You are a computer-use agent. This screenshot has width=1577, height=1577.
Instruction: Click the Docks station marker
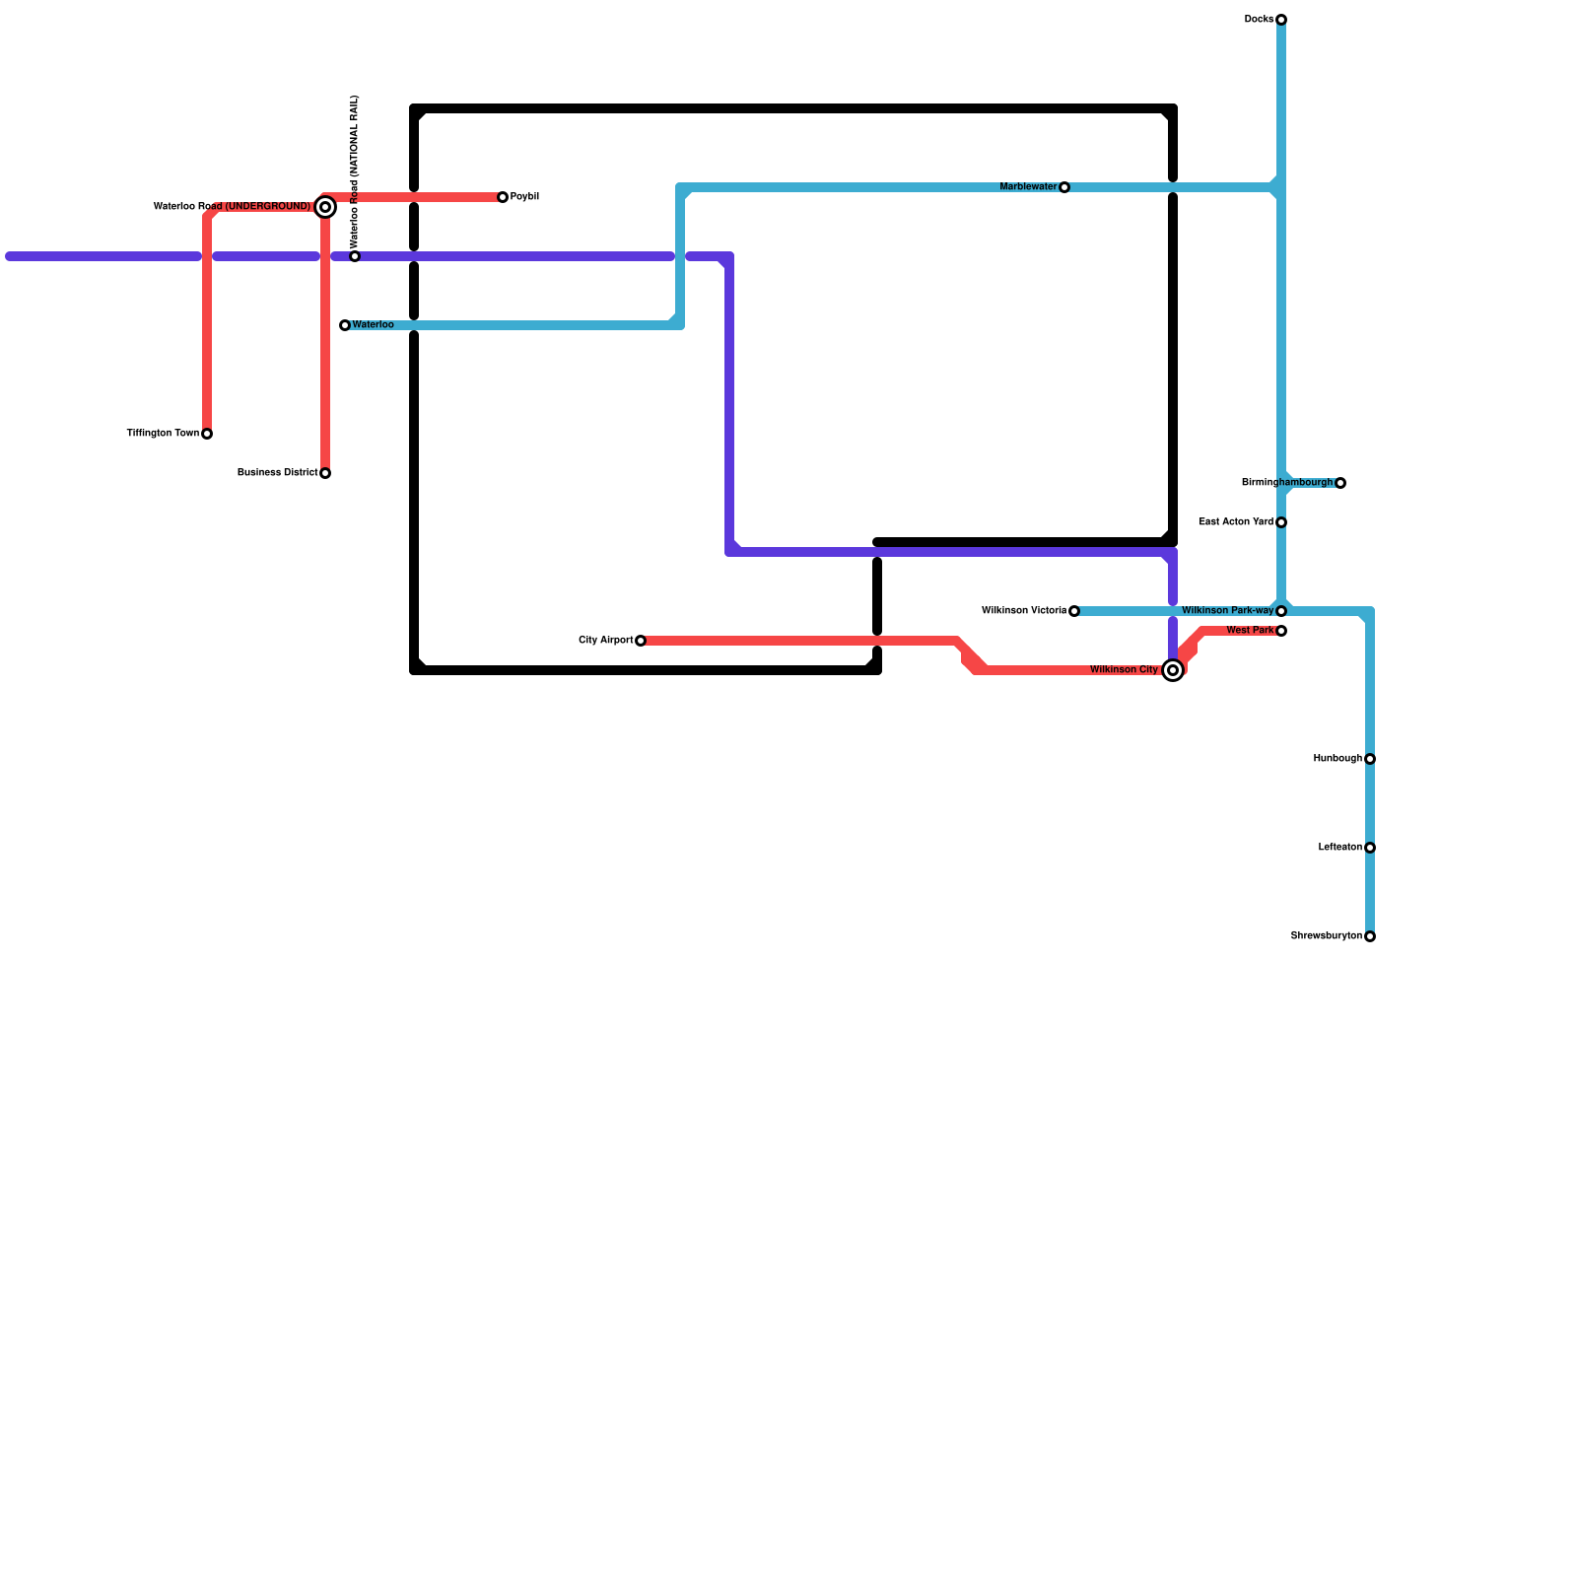pos(1281,20)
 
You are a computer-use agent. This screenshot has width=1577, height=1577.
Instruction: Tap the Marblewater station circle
pos(1064,187)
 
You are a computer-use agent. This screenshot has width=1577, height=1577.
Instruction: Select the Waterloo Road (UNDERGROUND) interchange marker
pos(325,207)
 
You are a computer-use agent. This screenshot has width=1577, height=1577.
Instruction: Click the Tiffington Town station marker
pos(207,434)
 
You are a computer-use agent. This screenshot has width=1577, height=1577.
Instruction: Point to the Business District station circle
pos(325,473)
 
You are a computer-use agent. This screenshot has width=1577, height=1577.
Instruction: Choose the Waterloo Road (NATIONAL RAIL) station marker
pos(355,256)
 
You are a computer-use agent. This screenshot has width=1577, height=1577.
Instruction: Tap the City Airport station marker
pos(641,641)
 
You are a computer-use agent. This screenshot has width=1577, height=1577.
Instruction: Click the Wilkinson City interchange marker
pos(1173,670)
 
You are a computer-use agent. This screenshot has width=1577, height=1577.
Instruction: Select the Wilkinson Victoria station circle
pos(1074,611)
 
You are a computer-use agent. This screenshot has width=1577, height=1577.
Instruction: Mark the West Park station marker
pos(1281,631)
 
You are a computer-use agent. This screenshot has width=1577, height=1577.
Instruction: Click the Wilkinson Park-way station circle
pos(1281,611)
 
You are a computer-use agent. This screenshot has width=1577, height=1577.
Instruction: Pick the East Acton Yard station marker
pos(1281,522)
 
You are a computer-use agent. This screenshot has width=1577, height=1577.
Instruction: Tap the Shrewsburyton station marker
pos(1370,936)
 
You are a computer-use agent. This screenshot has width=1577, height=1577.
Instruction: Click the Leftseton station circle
pos(1370,848)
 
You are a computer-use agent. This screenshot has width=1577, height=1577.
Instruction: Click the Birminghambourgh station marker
pos(1340,483)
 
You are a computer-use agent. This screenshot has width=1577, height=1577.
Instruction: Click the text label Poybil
pos(524,197)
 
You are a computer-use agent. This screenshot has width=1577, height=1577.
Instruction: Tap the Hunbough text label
pos(1337,759)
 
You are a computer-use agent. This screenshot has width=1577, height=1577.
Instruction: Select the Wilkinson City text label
pos(1124,670)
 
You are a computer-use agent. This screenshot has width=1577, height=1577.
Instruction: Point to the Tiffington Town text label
pos(163,434)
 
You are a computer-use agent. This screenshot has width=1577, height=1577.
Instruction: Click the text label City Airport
pos(605,641)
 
